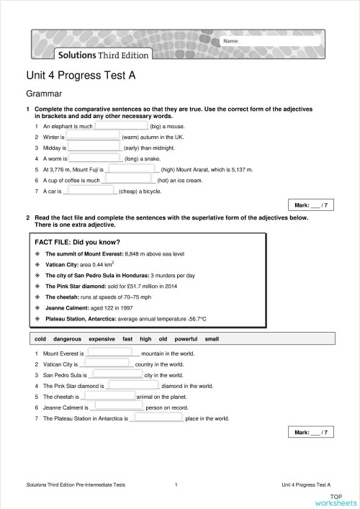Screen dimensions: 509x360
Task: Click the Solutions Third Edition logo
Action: coord(94,55)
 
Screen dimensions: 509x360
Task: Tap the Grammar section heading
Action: coord(45,94)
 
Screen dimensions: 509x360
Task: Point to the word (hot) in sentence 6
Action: coord(163,181)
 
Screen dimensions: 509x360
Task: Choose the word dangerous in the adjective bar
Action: coord(67,338)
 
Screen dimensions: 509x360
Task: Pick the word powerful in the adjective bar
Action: coord(186,338)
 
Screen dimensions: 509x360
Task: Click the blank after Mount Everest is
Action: coord(112,353)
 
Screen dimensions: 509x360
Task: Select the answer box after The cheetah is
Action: coord(109,396)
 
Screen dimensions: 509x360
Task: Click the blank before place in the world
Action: coord(156,418)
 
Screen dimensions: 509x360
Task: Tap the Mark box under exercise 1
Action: coord(310,206)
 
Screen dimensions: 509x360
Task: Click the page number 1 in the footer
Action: coord(176,485)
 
